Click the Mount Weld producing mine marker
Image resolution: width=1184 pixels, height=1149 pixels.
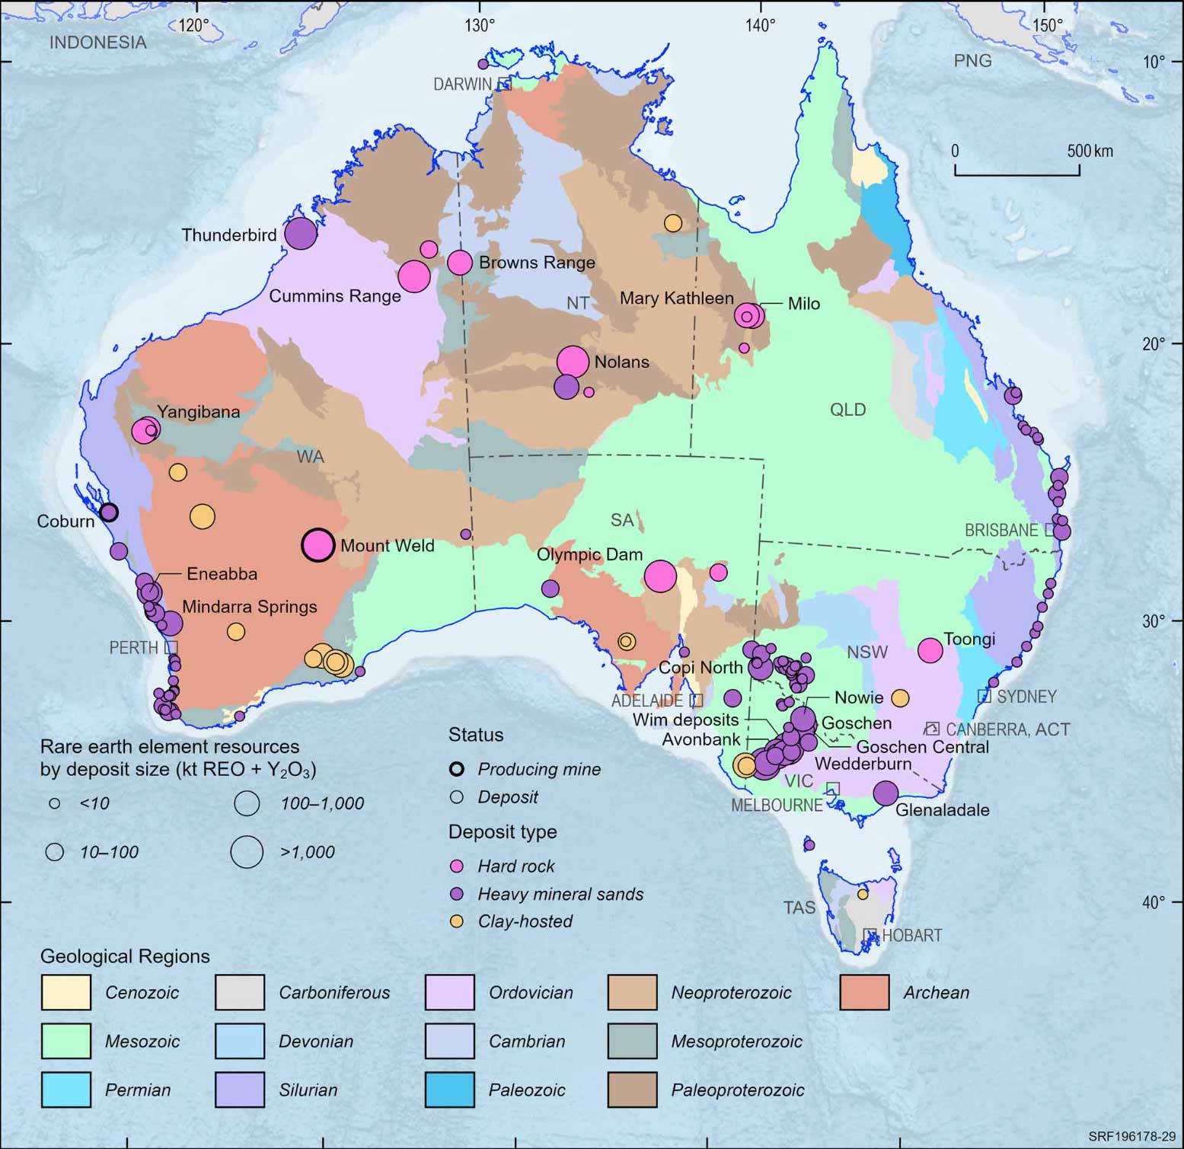[x=318, y=545]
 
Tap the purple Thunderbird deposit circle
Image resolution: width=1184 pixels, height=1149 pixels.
[x=300, y=233]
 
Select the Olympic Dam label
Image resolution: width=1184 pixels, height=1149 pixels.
[x=589, y=555]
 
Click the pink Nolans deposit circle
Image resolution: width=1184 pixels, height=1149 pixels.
[x=573, y=362]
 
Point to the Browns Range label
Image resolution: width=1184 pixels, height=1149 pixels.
[x=537, y=263]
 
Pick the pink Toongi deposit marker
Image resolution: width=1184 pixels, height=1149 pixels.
[x=930, y=650]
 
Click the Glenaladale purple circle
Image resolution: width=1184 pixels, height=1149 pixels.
[x=885, y=793]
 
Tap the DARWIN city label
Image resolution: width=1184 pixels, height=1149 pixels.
[x=462, y=85]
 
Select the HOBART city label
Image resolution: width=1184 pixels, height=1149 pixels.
[x=911, y=935]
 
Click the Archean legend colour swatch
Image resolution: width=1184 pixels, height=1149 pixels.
[x=864, y=992]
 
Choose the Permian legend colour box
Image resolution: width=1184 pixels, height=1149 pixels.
[x=66, y=1090]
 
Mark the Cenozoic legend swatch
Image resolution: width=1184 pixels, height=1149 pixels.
[x=66, y=992]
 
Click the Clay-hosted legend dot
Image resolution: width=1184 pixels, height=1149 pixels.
[x=457, y=921]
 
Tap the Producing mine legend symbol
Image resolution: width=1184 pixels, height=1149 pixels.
[x=457, y=769]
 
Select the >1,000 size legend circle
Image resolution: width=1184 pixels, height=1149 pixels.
[x=247, y=852]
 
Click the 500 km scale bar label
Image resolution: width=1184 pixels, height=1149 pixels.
[x=1090, y=151]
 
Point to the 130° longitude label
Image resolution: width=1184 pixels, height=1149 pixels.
[x=480, y=25]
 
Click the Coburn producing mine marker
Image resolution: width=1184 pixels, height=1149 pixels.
[x=109, y=512]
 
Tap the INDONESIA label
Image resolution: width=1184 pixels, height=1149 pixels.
[x=97, y=43]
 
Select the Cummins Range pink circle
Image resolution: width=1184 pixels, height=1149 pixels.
[x=414, y=276]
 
